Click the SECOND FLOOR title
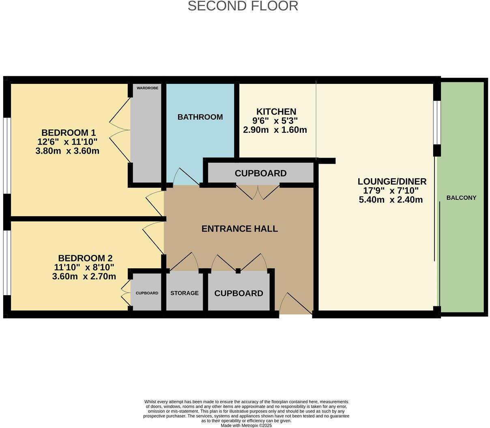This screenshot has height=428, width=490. (243, 6)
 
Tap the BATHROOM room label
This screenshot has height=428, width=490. (200, 117)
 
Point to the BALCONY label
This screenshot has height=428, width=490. (461, 198)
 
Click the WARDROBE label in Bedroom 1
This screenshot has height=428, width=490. (147, 88)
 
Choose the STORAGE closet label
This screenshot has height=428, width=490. (184, 293)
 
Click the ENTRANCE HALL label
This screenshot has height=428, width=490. (239, 229)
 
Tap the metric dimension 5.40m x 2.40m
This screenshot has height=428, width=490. (391, 200)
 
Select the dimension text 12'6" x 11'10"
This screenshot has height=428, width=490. (67, 142)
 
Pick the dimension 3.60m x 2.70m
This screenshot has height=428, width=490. (84, 277)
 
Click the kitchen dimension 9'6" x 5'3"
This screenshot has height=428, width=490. (275, 121)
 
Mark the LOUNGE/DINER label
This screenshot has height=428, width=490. (392, 181)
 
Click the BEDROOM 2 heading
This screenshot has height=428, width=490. (85, 258)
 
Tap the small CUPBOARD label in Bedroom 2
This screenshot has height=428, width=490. (147, 293)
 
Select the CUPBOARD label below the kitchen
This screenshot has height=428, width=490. (260, 173)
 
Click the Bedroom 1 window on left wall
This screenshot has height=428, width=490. (6, 156)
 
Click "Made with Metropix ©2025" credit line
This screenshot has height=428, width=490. (246, 426)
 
